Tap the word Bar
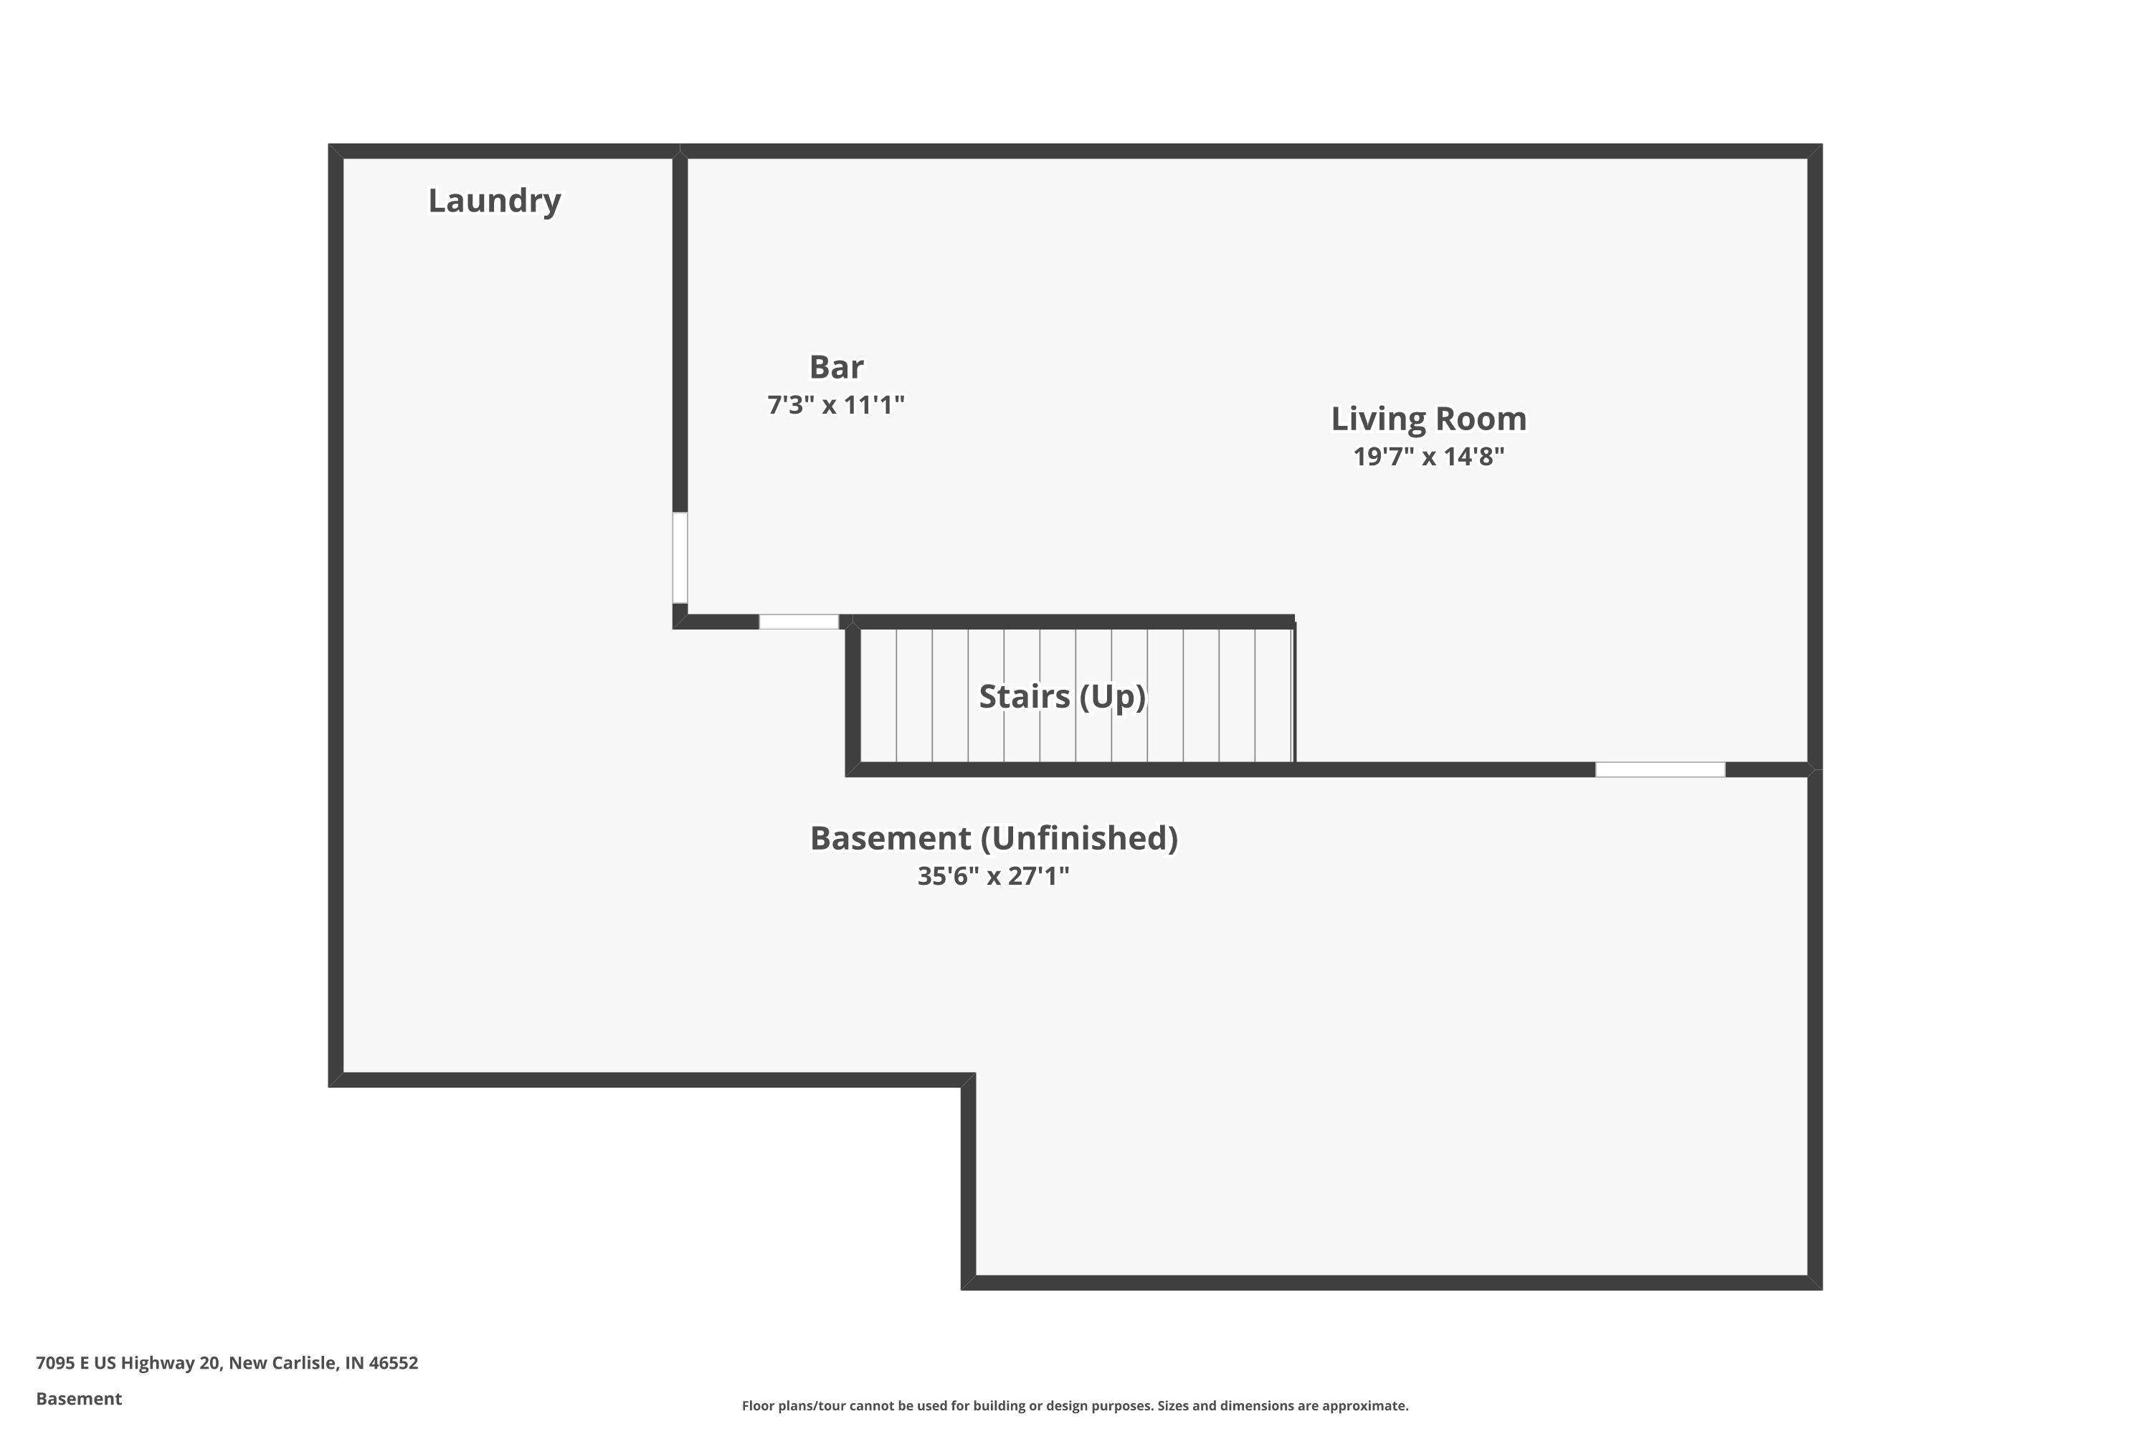pos(836,366)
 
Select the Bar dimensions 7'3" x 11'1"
pos(836,404)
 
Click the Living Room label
pos(1428,419)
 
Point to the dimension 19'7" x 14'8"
pos(1428,456)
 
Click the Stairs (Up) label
pos(1062,697)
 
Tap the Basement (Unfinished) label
pos(994,839)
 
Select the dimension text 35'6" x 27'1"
pos(994,876)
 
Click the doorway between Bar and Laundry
pos(680,558)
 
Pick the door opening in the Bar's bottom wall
pos(799,622)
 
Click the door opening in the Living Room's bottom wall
pos(1660,769)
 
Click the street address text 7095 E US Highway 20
pos(128,1363)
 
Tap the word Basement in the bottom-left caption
pos(79,1398)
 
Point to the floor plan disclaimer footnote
pos(1075,1405)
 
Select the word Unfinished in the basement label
pos(1079,839)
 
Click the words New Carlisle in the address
pos(282,1363)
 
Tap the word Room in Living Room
pos(1481,419)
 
